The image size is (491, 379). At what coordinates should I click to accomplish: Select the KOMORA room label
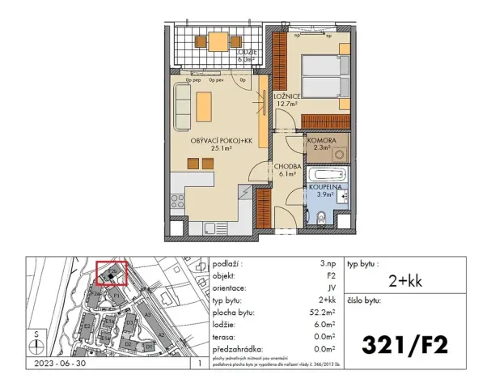321,140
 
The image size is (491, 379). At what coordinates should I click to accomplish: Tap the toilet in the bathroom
322,215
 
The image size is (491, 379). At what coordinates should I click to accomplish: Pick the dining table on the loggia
219,40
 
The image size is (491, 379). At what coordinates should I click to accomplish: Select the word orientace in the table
231,288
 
